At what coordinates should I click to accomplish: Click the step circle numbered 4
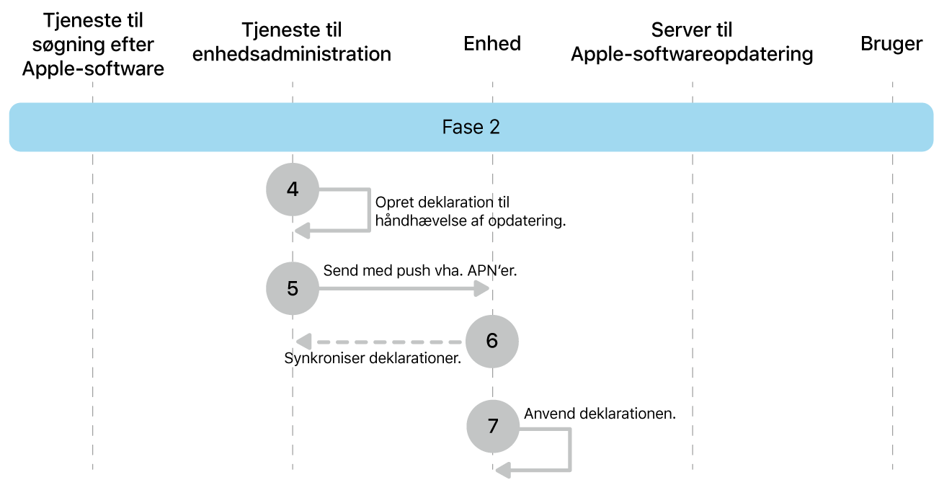292,189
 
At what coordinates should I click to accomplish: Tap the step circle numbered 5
292,288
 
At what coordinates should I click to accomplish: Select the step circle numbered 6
491,341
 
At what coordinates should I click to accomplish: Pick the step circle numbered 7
492,426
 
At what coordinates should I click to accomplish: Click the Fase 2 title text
471,128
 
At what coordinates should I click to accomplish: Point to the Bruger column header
891,44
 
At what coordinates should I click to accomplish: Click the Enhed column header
492,43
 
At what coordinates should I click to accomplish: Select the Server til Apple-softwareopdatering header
692,42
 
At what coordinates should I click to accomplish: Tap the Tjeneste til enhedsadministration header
292,42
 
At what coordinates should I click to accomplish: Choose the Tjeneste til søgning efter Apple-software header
93,45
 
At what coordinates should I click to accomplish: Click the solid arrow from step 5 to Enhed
404,289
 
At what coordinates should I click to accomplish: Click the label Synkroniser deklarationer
373,359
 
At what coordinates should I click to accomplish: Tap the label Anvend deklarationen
600,414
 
